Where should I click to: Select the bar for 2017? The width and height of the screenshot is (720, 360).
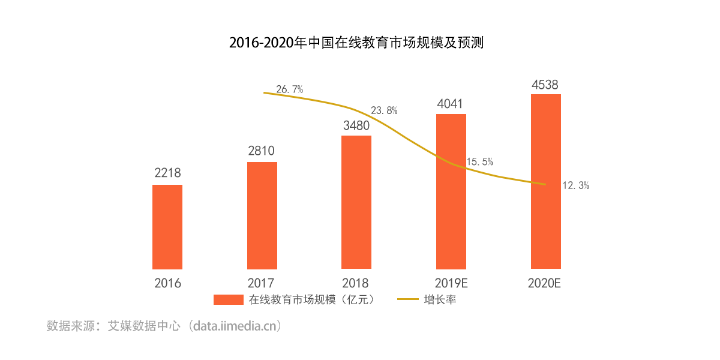coord(262,215)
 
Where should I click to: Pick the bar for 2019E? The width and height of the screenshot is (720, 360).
coord(451,191)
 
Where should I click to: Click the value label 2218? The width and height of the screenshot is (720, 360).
coord(167,173)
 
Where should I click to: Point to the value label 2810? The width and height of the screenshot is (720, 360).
coord(262,151)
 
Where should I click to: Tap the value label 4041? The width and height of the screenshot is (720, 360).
coord(451,103)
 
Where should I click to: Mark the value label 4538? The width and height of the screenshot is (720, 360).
coord(546,83)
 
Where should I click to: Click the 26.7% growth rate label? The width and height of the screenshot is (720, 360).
coord(289,89)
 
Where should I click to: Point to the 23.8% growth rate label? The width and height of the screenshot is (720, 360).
coord(384,110)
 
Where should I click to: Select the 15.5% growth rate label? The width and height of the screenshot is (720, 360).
coord(479,161)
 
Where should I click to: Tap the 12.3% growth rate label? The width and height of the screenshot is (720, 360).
coord(575,186)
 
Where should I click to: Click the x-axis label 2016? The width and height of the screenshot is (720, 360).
coord(167,283)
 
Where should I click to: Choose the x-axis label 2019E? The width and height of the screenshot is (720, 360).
coord(451,283)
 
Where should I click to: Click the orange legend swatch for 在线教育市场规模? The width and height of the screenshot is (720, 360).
coord(228,299)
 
